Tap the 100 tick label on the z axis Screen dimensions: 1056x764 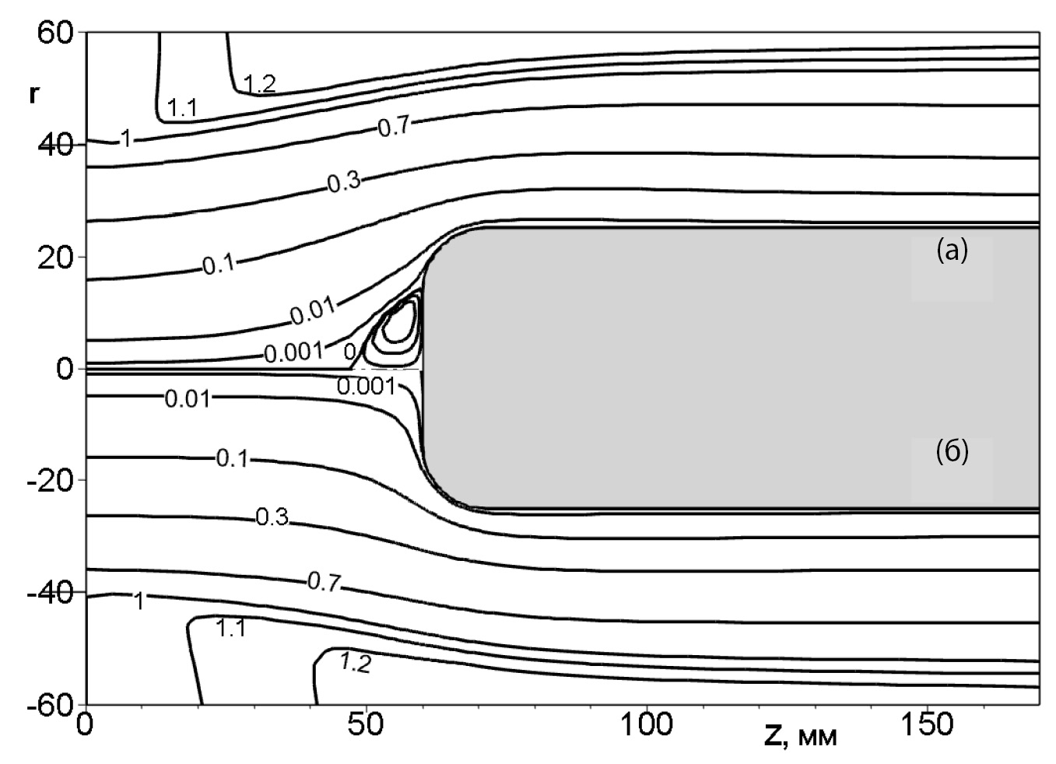[647, 724]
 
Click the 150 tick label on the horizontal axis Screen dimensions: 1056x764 [927, 724]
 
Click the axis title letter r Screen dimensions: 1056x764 [33, 94]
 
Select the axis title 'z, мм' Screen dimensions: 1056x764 [800, 737]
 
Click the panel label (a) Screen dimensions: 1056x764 [952, 250]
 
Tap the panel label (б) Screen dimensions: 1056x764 [952, 451]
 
